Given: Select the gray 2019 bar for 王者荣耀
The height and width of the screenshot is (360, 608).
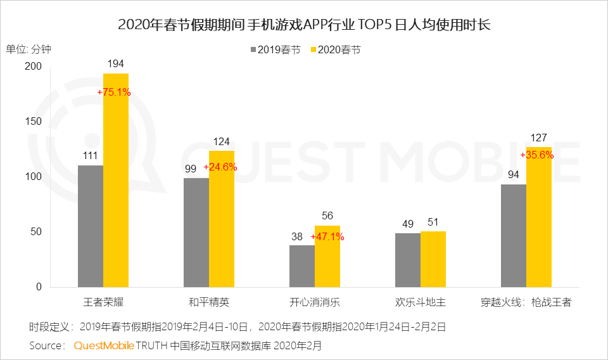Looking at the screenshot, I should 91,226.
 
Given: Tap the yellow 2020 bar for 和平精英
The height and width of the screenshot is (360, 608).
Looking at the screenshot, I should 222,219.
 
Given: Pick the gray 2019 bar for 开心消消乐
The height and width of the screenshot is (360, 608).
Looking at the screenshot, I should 302,266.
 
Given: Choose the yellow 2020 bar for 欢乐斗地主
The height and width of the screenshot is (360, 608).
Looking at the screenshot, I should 433,259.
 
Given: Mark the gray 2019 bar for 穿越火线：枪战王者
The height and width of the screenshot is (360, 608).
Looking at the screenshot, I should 514,235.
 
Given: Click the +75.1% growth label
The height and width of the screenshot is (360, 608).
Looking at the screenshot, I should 114,92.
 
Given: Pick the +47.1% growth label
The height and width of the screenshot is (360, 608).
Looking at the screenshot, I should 327,236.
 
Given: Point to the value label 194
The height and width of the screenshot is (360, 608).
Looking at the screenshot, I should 116,63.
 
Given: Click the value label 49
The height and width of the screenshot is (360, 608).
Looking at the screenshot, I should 408,223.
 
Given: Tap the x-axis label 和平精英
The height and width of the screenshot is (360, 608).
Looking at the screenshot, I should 209,302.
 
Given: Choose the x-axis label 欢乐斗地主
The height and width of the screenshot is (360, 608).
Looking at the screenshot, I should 421,302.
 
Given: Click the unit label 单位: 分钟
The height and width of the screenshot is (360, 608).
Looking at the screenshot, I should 30,49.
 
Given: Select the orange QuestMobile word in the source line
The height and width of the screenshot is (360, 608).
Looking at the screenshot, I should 104,346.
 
